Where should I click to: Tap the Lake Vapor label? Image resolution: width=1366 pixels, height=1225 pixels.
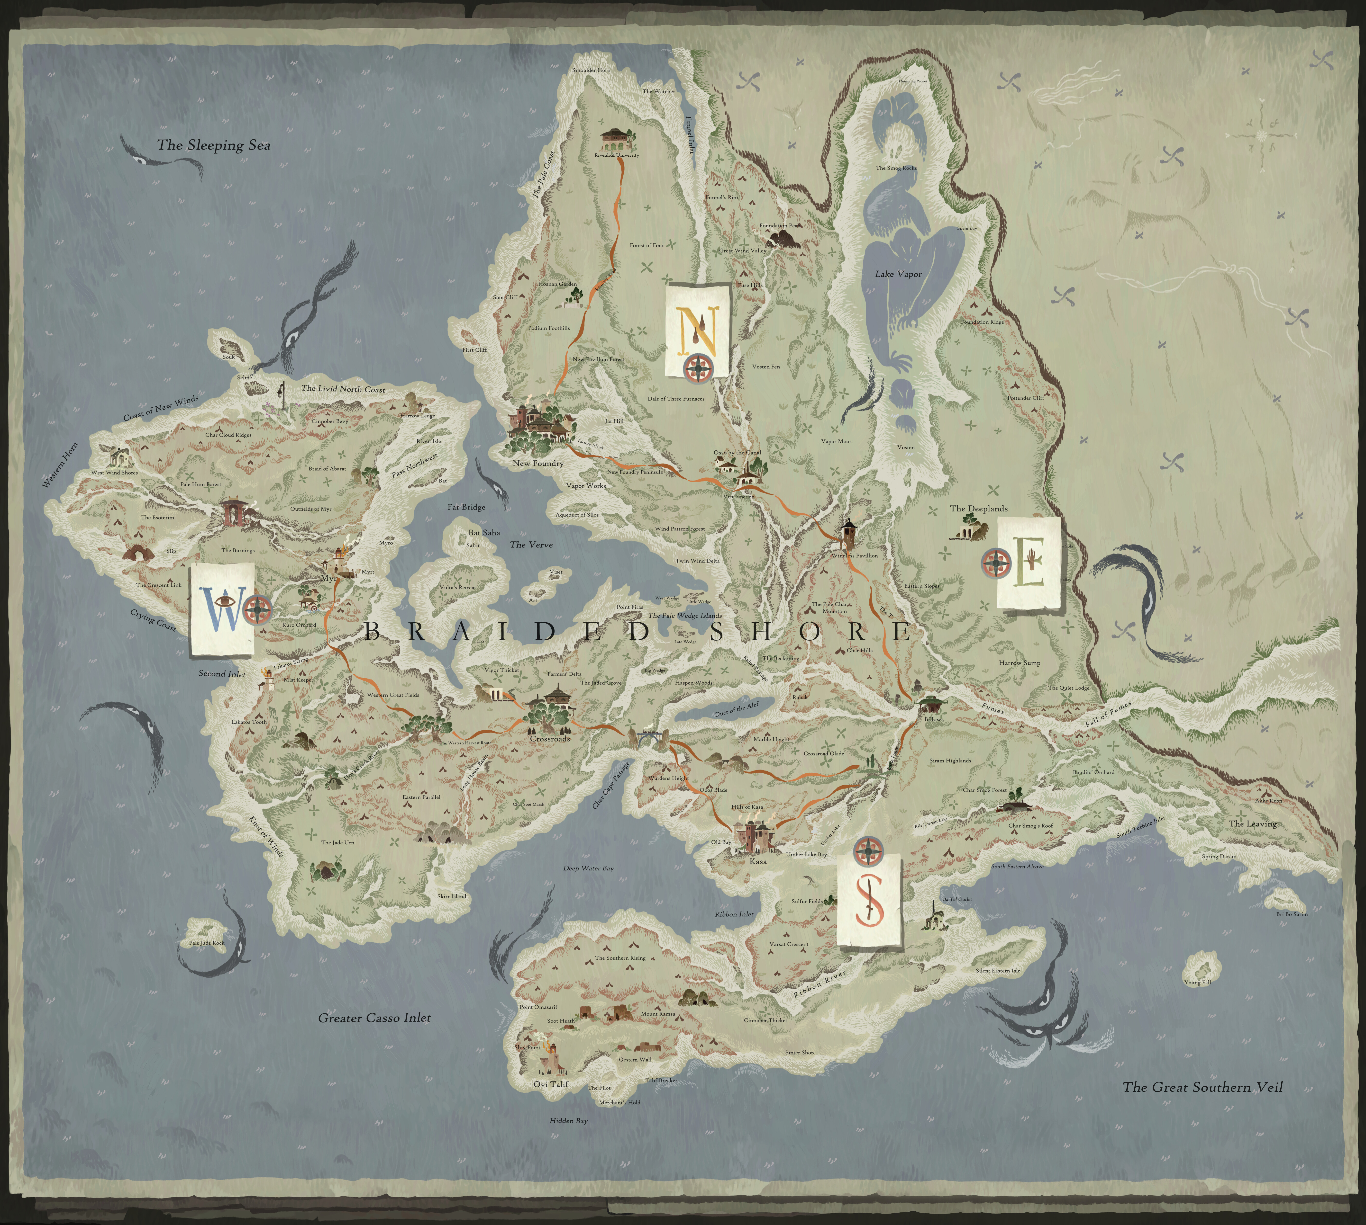[x=898, y=274]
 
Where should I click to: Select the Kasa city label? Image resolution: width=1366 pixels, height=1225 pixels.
[x=757, y=862]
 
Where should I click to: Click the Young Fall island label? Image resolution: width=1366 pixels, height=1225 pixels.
[x=1197, y=982]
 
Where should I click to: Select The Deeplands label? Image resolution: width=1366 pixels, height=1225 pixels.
[x=978, y=509]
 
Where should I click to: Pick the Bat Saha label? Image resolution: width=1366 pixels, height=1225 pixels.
[x=484, y=532]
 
